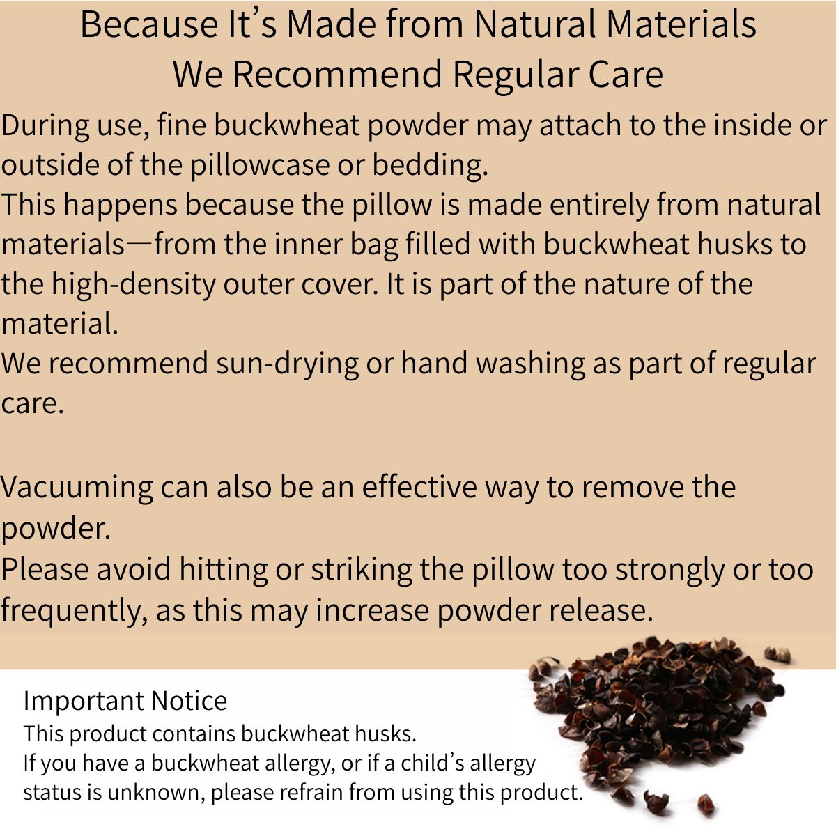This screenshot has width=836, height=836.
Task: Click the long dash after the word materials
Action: (x=139, y=245)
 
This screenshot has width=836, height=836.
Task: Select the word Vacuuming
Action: (x=77, y=487)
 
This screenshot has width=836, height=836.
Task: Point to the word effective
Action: (x=417, y=487)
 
